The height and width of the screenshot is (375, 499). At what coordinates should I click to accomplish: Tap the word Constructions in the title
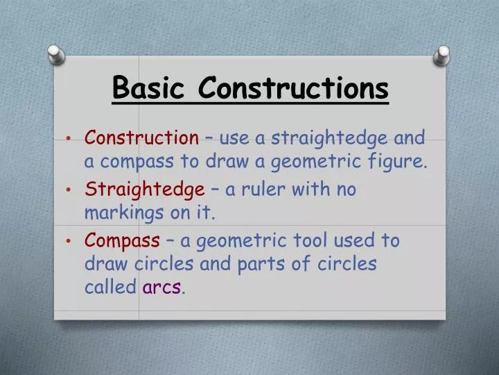pyautogui.click(x=293, y=88)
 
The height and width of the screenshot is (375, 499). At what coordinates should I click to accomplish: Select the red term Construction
pyautogui.click(x=141, y=137)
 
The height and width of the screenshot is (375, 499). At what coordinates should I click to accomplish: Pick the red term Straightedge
pyautogui.click(x=144, y=190)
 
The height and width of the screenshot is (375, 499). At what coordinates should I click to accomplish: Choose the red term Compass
pyautogui.click(x=122, y=241)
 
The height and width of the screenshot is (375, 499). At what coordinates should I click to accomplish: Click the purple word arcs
pyautogui.click(x=162, y=287)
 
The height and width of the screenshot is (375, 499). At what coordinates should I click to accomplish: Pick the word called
pyautogui.click(x=110, y=287)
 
